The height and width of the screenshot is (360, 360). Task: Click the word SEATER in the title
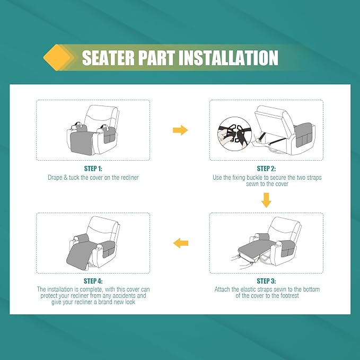coord(108,58)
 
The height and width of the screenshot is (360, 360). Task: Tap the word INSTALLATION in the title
coord(229,58)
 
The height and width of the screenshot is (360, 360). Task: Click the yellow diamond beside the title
coord(57,57)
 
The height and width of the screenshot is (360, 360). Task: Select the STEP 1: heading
coord(93,169)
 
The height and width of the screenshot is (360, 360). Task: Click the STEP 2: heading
coord(266,169)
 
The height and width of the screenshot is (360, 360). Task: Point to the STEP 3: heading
coord(266,281)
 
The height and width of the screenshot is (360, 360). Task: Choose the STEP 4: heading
coord(93,281)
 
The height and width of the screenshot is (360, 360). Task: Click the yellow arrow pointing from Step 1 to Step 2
coord(180,130)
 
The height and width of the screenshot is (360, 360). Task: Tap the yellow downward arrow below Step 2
coord(266,200)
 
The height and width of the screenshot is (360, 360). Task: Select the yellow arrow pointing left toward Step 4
coord(181,243)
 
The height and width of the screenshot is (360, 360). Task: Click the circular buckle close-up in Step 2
coord(234,134)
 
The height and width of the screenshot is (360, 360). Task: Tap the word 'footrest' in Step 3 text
coord(289,295)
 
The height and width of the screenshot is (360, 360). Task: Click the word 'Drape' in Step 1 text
coord(55,178)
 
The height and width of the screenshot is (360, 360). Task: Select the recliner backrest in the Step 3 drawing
coord(285,229)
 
